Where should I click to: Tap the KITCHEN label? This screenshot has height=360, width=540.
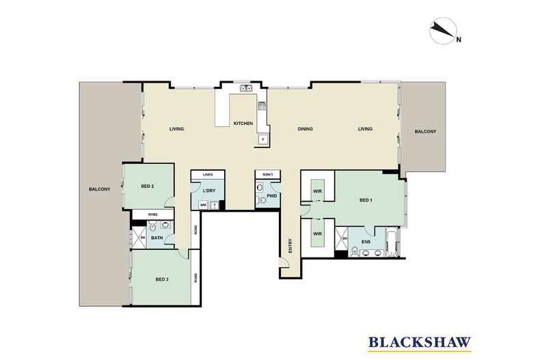coord(243,123)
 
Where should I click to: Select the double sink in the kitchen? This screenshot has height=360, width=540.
coord(245,88)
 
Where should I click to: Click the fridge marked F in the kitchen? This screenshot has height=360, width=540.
coord(262,139)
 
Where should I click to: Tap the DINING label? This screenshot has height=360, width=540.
coord(305,128)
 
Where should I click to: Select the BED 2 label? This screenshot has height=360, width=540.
coord(147,186)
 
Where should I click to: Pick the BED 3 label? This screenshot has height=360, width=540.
coord(161,279)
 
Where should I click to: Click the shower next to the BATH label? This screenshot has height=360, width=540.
coord(137,238)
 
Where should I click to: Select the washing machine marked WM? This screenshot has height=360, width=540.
coord(203,205)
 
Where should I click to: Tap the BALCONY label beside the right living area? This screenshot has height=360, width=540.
coord(424,132)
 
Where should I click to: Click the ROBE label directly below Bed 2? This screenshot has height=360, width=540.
coord(154,214)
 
